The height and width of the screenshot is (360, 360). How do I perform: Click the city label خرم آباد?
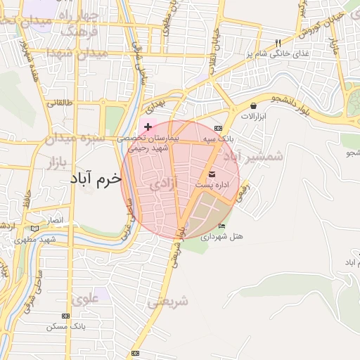96,180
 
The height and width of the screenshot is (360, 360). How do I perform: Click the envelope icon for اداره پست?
212,174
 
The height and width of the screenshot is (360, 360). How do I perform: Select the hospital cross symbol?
148,127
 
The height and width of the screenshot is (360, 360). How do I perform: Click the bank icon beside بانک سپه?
219,129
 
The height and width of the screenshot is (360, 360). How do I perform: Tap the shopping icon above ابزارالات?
252,106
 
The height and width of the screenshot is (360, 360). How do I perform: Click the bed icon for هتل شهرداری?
222,226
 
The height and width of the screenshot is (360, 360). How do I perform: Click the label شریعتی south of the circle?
169,302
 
